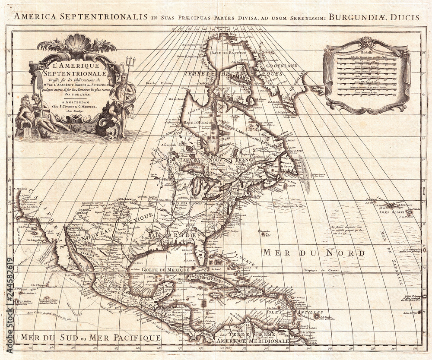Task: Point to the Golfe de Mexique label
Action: coord(166,269)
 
